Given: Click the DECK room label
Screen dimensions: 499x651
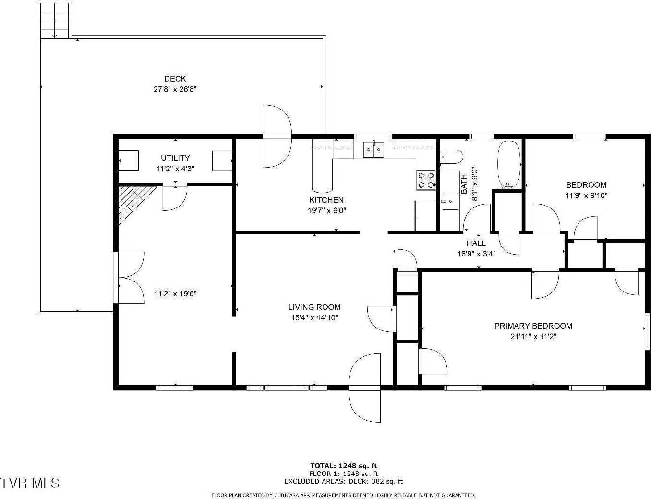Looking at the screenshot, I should (175, 79).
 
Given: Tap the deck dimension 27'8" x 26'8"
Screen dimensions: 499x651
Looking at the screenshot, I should (175, 89).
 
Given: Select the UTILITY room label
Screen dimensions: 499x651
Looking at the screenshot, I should (175, 158).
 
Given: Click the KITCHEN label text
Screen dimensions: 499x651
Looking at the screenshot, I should (326, 200).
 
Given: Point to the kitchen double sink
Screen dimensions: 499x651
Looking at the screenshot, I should (374, 149).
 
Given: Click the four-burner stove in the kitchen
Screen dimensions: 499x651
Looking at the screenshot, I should (425, 180).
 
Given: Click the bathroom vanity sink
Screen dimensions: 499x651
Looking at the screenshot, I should (450, 201).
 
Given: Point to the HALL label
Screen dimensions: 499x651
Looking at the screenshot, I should (476, 243).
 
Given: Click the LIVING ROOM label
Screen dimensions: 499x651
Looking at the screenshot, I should (314, 307).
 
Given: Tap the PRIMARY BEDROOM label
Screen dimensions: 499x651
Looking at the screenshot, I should (533, 326).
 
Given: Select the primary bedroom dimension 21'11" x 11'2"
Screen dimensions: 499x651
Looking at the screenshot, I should (533, 337).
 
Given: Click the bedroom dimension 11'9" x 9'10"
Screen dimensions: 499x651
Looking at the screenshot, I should (586, 195).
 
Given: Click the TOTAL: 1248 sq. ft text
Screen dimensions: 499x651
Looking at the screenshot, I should (343, 465).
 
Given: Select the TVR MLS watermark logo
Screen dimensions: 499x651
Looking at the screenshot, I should (30, 482).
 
